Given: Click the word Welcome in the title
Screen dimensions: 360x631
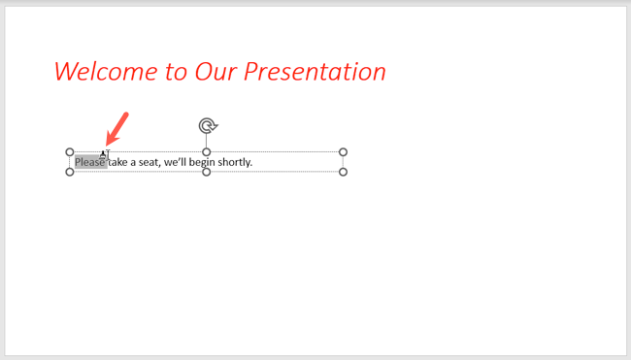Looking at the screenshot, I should (102, 72).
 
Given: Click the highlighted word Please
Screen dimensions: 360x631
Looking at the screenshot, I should (89, 162).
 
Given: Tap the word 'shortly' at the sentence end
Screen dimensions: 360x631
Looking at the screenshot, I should (236, 162).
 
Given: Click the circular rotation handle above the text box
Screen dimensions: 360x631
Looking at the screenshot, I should (207, 125).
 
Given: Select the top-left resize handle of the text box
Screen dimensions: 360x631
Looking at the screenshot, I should (70, 152).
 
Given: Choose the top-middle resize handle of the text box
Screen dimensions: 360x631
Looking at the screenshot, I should (207, 152).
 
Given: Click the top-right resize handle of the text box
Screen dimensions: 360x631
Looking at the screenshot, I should (343, 152).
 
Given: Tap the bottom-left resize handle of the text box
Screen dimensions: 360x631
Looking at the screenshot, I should (70, 172).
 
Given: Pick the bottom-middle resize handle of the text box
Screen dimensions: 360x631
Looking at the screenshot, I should (207, 172).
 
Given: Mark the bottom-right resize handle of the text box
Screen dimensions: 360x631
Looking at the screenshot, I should (343, 172).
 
